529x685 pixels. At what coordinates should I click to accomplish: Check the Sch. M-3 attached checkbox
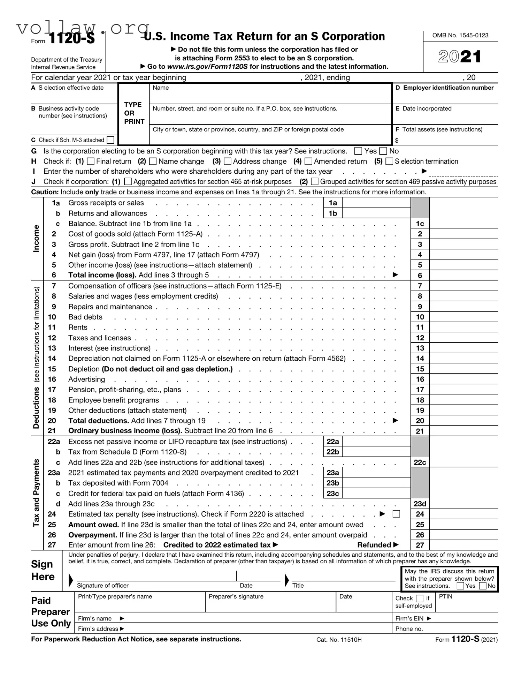(x=110, y=140)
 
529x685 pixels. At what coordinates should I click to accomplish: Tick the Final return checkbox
(x=91, y=161)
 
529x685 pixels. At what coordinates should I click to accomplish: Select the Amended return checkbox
(x=308, y=161)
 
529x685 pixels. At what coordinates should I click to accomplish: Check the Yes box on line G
(x=358, y=151)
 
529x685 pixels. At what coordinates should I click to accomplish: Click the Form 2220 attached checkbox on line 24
(x=396, y=514)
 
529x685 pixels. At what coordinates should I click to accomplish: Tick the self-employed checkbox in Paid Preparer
(x=420, y=599)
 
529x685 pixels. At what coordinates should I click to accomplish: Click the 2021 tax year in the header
(x=460, y=57)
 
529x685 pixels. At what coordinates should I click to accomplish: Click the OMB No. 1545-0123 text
(x=460, y=35)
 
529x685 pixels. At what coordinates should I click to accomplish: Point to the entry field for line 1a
(x=376, y=203)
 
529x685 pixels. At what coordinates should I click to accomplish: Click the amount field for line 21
(x=463, y=431)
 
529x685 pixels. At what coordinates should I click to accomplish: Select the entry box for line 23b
(x=376, y=483)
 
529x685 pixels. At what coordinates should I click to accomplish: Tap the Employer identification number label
(x=448, y=88)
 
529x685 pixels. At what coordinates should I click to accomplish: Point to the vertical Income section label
(x=36, y=238)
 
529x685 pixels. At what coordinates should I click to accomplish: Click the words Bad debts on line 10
(x=85, y=317)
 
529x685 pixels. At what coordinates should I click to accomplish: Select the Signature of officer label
(x=102, y=586)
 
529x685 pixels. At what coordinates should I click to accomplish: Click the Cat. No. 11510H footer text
(x=339, y=640)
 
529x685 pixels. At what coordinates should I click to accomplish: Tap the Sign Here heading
(x=43, y=570)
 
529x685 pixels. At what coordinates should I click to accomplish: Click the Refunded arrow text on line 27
(x=377, y=545)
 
